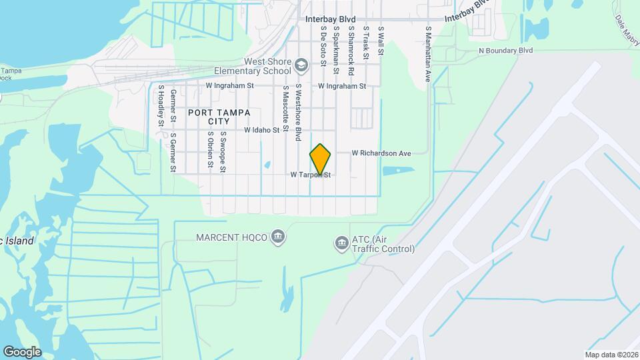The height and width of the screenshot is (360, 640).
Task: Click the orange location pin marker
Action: click(321, 159)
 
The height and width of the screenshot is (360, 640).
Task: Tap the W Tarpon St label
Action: click(311, 175)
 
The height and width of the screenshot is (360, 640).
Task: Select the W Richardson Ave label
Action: click(381, 153)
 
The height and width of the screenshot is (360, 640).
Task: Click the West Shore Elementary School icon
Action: click(302, 65)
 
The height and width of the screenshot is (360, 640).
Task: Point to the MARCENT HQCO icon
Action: click(279, 237)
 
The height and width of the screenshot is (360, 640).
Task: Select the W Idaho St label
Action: click(261, 130)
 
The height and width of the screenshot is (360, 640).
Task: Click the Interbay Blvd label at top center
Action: click(331, 19)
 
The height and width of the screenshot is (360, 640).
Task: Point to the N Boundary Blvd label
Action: click(506, 50)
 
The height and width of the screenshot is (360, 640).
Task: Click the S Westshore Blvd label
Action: click(299, 112)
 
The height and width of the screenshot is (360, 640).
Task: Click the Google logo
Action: click(22, 351)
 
